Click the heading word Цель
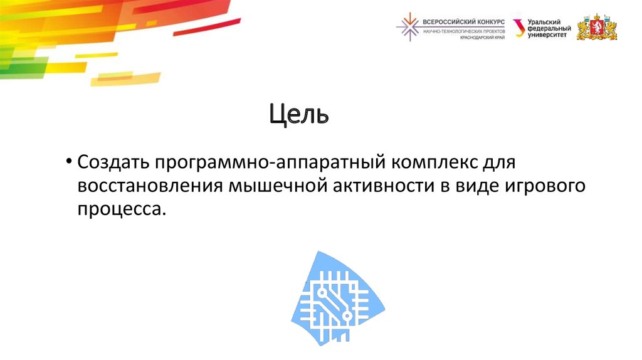point(299,114)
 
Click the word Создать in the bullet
point(111,163)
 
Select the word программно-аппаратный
point(270,163)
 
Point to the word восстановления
point(149,186)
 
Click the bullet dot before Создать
point(68,163)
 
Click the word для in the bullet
point(498,163)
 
